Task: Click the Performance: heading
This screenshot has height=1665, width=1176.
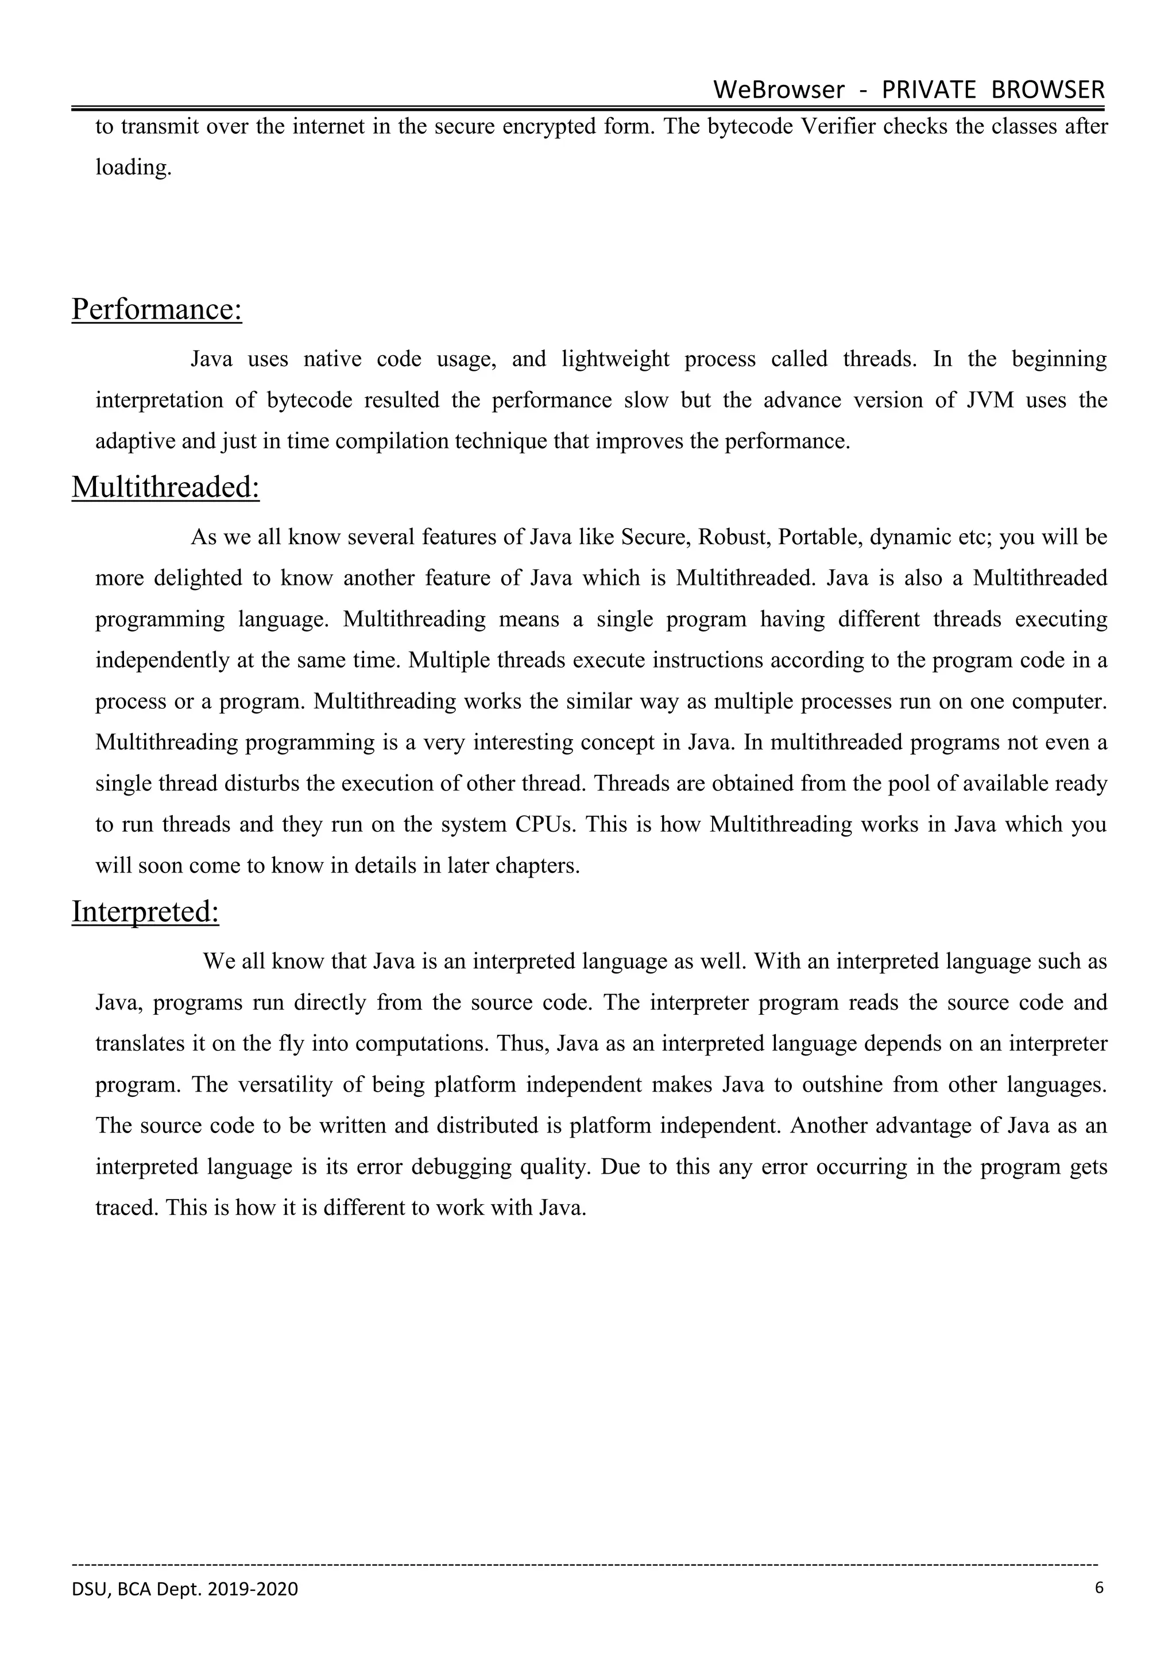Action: click(x=157, y=310)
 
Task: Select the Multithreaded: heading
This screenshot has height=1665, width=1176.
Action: click(x=165, y=487)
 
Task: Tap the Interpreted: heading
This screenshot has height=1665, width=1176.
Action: click(x=145, y=912)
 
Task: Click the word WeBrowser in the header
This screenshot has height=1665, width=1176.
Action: click(x=779, y=90)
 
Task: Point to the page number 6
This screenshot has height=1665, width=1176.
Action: click(x=1098, y=1588)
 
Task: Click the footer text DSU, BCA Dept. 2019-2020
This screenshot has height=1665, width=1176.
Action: click(x=185, y=1589)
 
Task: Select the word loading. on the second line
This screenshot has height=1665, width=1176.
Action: click(x=133, y=168)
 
